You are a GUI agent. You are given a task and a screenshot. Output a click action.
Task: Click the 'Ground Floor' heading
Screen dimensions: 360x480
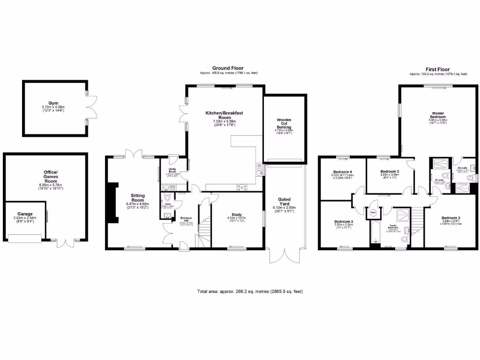228,68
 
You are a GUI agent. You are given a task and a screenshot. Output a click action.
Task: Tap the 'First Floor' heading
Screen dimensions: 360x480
438,69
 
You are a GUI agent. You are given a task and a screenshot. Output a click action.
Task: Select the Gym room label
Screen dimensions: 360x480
55,103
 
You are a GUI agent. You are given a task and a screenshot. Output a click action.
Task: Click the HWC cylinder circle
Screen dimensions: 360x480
374,212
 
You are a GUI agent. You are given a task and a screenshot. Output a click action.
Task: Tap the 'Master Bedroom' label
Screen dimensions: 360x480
439,114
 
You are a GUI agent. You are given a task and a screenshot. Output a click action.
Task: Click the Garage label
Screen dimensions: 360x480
25,214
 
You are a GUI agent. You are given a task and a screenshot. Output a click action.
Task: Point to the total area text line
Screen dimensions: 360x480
250,292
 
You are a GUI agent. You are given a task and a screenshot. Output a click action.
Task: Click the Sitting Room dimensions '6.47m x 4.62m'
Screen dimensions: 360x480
137,204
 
